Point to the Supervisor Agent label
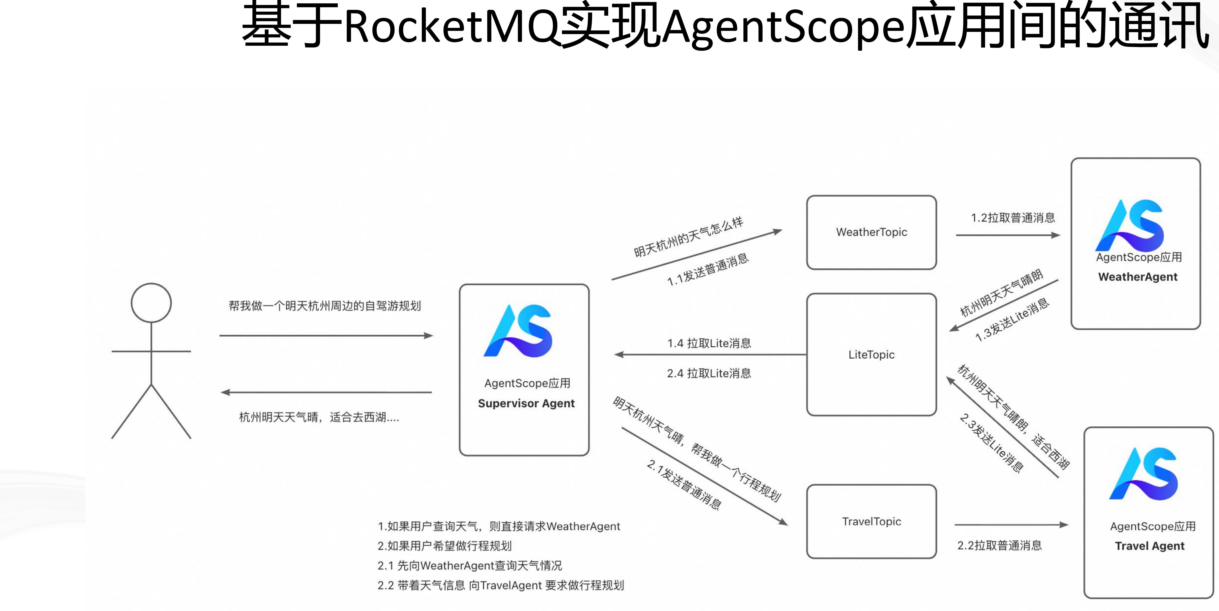(526, 403)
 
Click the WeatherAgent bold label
(1138, 277)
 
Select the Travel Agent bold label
(1149, 546)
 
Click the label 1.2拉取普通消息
(1013, 218)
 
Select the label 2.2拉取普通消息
(999, 545)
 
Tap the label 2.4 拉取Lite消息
(709, 373)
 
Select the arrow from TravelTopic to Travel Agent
(1011, 525)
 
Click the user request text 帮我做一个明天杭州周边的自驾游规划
(325, 306)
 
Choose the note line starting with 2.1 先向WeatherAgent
(469, 566)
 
